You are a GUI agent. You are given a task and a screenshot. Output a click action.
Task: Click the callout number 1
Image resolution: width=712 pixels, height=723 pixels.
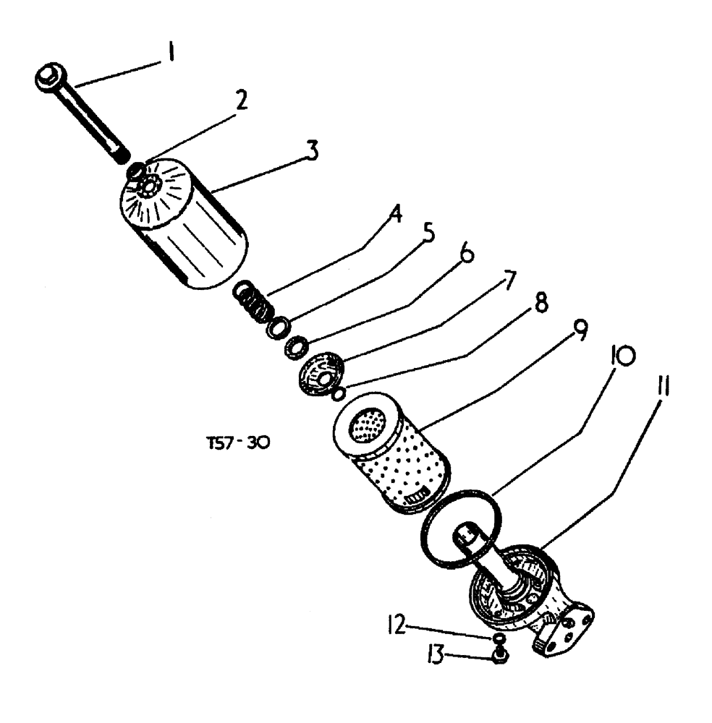point(170,55)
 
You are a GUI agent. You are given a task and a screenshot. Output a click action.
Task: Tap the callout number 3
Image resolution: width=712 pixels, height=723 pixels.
point(311,150)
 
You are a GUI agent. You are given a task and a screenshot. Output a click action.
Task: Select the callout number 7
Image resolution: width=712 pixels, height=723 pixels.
point(510,279)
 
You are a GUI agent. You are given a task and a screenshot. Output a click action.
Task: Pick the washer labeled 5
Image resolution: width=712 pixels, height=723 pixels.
point(277,328)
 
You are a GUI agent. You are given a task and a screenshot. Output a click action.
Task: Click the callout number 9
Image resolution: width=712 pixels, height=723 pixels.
point(579,331)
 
